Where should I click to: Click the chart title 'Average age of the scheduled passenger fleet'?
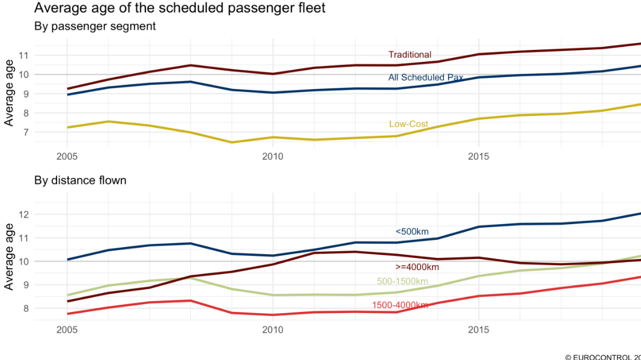180,8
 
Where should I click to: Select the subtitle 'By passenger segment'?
95,26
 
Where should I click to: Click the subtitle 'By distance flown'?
81,180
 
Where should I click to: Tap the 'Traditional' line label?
410,55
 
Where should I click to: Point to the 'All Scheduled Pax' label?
425,78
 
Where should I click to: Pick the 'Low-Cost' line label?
409,124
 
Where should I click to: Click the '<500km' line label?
412,231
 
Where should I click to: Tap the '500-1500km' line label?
403,281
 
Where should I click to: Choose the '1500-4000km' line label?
399,305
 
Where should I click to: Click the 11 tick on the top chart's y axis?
24,55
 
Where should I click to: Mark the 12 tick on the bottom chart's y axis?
24,215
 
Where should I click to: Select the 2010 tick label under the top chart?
272,156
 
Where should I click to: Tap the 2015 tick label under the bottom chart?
478,330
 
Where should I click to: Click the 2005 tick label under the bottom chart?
66,330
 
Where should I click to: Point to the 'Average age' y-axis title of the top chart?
9,93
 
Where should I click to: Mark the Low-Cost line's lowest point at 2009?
231,142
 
